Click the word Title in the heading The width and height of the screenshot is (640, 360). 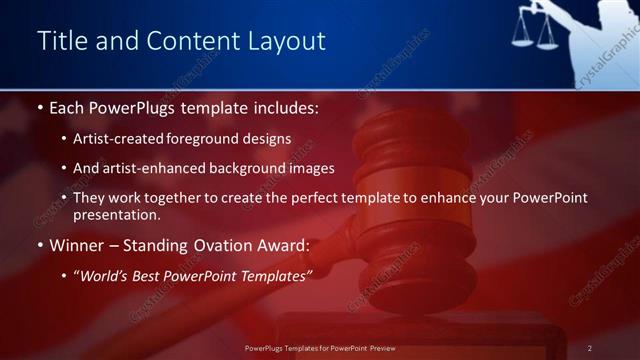tap(59, 41)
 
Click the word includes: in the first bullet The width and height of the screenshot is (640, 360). tap(282, 106)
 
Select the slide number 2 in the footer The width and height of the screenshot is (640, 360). tap(589, 348)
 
